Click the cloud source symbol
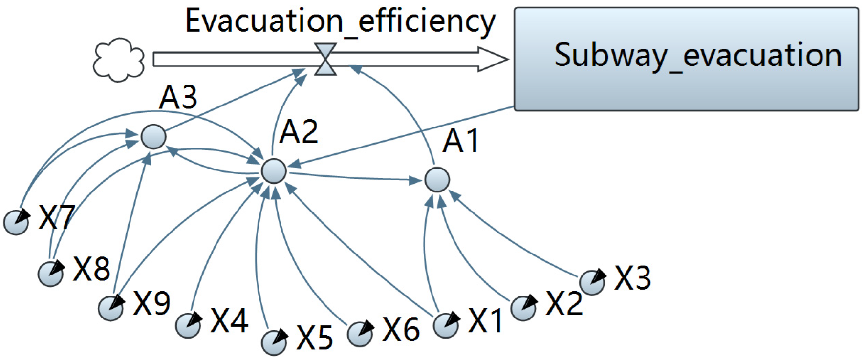pos(119,60)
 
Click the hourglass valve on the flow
pos(325,59)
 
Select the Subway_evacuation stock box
pos(686,59)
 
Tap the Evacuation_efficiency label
pos(340,21)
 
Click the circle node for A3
pos(153,136)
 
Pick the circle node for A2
pos(274,171)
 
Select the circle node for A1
pos(437,179)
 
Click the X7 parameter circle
pos(16,223)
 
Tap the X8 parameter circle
pos(51,273)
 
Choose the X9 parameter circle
pos(111,308)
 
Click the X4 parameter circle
pos(188,325)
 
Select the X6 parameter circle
pos(360,334)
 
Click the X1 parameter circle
pos(446,325)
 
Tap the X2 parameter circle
pos(523,308)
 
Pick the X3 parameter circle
pos(592,282)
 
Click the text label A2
pos(299,132)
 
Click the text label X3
pos(632,278)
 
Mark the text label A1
pos(461,142)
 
